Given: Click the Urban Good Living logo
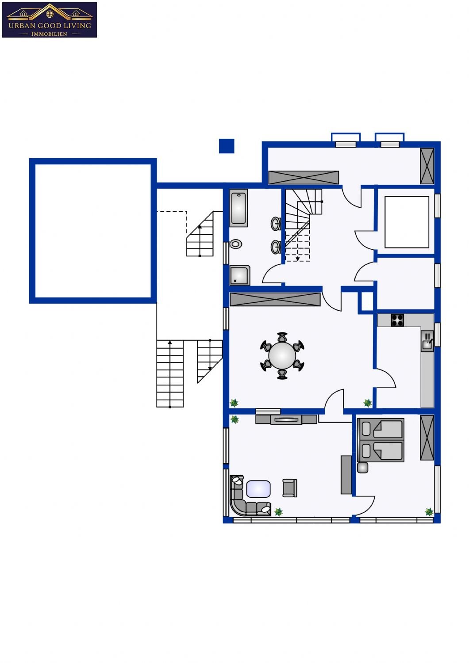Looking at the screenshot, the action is pos(50,20).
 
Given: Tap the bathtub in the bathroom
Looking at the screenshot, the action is pos(238,208).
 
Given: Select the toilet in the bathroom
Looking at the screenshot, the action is pos(236,244).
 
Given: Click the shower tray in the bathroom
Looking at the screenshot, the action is pos(240,275).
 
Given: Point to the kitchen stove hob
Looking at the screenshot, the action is pos(397,320).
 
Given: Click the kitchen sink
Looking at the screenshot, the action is pos(427,341).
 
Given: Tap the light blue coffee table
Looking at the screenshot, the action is pos(258,489).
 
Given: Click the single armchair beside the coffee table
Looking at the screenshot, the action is pos(290,488).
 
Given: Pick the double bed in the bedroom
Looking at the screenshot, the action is pos(381,440).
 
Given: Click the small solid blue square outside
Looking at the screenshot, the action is pos(227,146).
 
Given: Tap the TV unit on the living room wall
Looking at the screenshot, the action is pos(286,419).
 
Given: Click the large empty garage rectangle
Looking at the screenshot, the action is pos(93,231).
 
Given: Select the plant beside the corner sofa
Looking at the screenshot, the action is pos(278,512).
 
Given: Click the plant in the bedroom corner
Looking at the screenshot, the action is pos(429,512).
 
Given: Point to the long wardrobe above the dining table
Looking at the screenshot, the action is pos(275,300).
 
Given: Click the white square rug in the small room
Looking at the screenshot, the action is pos(407,222).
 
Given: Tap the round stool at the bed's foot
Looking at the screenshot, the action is pos(363,468).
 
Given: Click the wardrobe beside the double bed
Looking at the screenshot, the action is pos(427,438).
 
